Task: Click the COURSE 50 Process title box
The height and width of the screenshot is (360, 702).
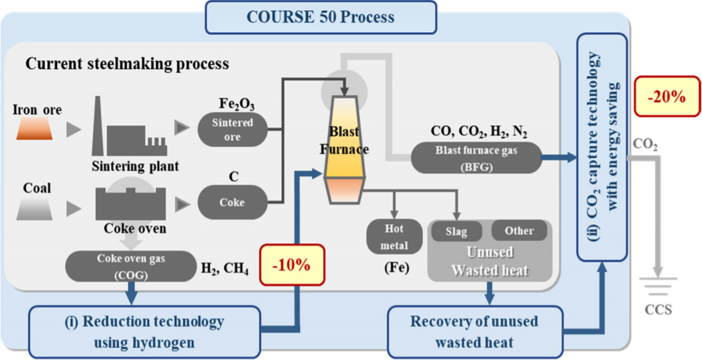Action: click(x=321, y=17)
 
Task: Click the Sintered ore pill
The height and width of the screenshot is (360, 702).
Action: click(x=232, y=129)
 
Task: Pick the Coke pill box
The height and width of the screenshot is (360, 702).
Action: click(x=232, y=203)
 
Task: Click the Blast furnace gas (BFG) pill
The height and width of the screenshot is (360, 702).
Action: click(x=476, y=157)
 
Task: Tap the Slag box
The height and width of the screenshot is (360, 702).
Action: click(x=456, y=231)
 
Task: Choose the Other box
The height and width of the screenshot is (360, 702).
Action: click(x=519, y=231)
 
